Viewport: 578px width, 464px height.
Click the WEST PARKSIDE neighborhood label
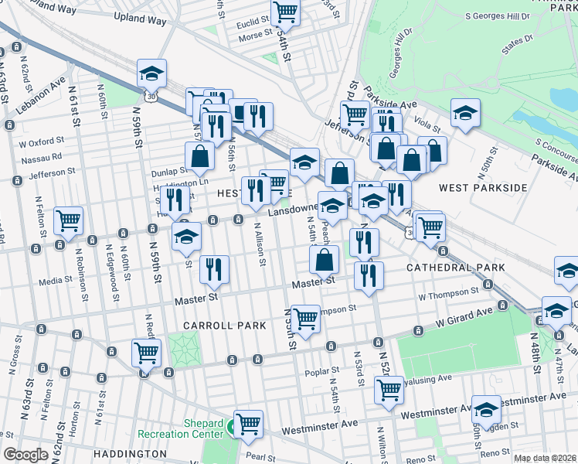(x=482, y=188)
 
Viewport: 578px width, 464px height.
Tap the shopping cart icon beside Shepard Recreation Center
(x=248, y=424)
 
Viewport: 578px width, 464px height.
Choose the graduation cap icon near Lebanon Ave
(x=152, y=73)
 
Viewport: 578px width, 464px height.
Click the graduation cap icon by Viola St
(x=465, y=113)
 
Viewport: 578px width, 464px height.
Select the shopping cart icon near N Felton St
(x=69, y=220)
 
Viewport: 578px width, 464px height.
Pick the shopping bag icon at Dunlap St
(x=199, y=155)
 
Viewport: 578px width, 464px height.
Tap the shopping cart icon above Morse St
(x=285, y=12)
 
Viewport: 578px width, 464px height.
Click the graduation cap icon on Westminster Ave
(x=486, y=410)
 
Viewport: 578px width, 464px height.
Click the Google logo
(x=25, y=455)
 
